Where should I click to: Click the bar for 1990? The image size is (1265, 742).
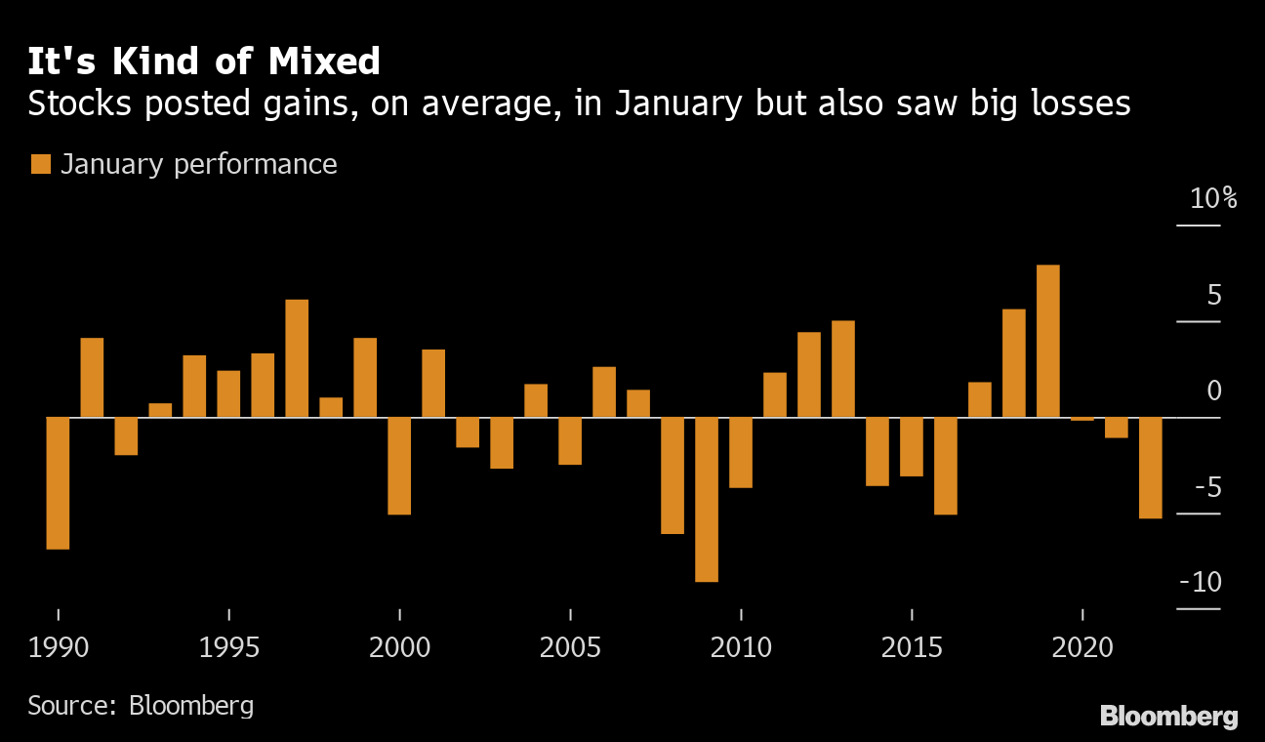(58, 483)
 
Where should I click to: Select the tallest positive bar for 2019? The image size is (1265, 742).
(1048, 341)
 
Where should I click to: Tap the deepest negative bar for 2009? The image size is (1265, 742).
(707, 499)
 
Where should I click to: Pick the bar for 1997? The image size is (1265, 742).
(297, 358)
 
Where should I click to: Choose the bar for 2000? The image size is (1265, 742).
(399, 466)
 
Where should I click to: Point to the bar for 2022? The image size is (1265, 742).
(1151, 468)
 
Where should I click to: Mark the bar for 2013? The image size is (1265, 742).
(843, 369)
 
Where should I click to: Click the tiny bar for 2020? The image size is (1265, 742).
(1082, 419)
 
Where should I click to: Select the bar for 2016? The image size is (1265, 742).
(946, 466)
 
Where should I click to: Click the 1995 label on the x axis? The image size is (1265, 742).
(228, 647)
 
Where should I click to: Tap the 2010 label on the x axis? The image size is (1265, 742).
(741, 647)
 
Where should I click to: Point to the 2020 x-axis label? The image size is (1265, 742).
(1082, 647)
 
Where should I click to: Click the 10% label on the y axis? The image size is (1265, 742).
(1213, 199)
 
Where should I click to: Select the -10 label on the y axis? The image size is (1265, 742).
(1201, 582)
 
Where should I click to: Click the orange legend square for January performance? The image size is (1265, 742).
(40, 164)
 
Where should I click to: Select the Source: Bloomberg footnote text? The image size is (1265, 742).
(141, 705)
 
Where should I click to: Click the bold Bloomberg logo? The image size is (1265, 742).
(1168, 716)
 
